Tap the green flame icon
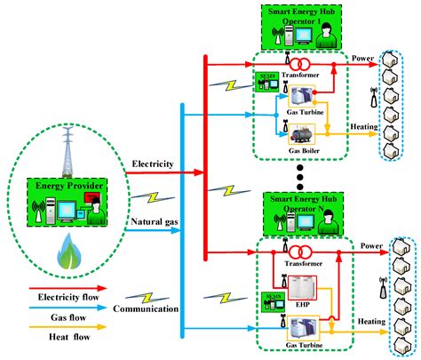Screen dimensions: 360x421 pos(68,253)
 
